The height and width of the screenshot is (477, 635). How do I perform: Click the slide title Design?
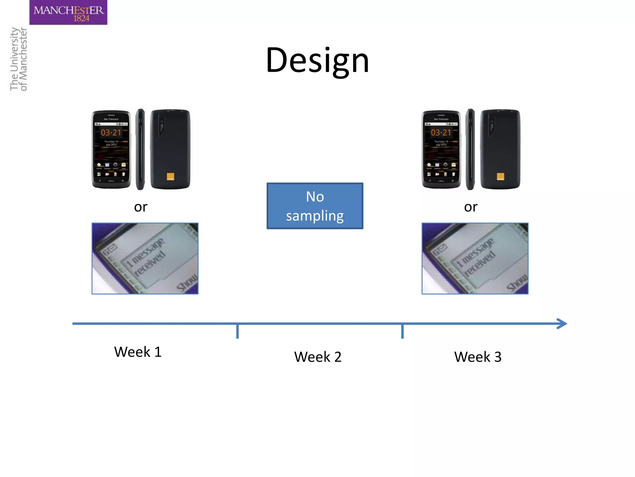[x=317, y=61]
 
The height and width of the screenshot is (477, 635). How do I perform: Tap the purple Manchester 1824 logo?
[x=68, y=12]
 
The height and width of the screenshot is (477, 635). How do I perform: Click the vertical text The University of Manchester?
[x=19, y=59]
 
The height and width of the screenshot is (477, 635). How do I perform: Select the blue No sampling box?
[x=315, y=206]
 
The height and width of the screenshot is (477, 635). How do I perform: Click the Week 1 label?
[x=138, y=352]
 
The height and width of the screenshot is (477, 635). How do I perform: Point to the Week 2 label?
[x=318, y=357]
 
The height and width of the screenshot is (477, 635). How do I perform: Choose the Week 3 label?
[x=478, y=357]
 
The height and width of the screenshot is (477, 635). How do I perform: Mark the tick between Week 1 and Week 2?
[x=238, y=331]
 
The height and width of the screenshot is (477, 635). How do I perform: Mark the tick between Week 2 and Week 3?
[x=402, y=331]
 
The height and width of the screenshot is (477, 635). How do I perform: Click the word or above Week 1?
[x=140, y=207]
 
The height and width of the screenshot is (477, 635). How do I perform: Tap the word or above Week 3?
[x=471, y=207]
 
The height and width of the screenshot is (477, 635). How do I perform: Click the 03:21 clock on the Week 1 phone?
[x=111, y=133]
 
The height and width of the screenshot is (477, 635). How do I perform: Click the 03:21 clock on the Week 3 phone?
[x=441, y=133]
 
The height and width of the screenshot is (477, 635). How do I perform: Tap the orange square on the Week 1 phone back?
[x=171, y=176]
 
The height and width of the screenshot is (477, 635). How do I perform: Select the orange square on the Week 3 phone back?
[x=500, y=176]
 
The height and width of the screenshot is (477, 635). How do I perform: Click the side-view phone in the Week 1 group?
[x=140, y=149]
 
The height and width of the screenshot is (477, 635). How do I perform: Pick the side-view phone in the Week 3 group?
[x=470, y=149]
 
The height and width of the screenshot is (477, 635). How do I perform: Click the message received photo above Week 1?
[x=145, y=258]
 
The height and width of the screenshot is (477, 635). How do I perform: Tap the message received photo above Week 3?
[x=475, y=258]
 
